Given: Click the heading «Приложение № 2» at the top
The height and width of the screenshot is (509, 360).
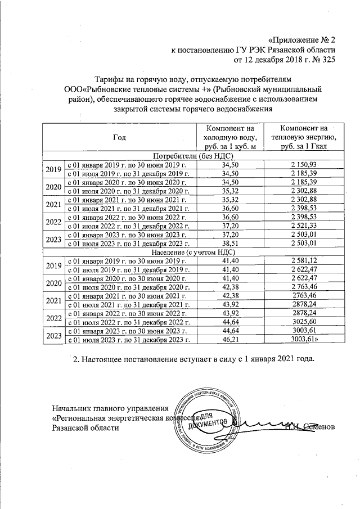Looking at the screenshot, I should pyautogui.click(x=301, y=40).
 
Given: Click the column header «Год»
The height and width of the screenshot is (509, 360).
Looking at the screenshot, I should pyautogui.click(x=119, y=137).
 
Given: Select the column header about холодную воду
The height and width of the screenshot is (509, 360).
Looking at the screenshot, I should pyautogui.click(x=231, y=137).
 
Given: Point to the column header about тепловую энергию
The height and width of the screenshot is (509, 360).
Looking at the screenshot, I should pyautogui.click(x=303, y=137).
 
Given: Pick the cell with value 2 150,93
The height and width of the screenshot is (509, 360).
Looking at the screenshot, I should pyautogui.click(x=304, y=164).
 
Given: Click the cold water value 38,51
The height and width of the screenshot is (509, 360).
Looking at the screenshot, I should pyautogui.click(x=231, y=244).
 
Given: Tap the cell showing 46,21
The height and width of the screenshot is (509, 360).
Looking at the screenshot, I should pyautogui.click(x=231, y=340).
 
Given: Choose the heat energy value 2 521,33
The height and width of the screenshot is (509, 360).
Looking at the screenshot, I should pyautogui.click(x=304, y=226).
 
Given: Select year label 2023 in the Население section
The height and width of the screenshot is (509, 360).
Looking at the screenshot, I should pyautogui.click(x=53, y=336).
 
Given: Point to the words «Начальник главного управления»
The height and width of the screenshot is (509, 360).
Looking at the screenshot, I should pyautogui.click(x=110, y=407).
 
